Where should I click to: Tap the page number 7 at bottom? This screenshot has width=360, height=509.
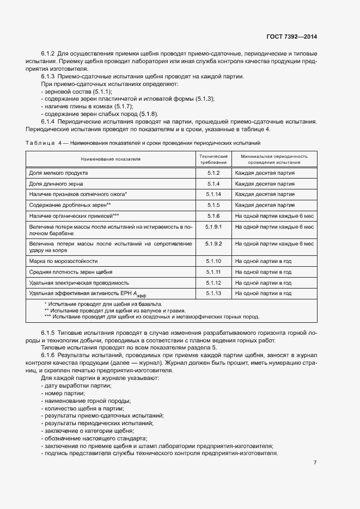pyautogui.click(x=315, y=463)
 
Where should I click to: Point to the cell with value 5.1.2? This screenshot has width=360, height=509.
pyautogui.click(x=213, y=173)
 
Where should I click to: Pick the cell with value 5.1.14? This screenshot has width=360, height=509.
pyautogui.click(x=213, y=194)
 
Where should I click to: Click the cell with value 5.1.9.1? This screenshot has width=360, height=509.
pyautogui.click(x=213, y=226)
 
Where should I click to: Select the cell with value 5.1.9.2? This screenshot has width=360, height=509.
pyautogui.click(x=213, y=243)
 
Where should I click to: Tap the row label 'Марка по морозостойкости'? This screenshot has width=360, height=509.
pyautogui.click(x=63, y=261)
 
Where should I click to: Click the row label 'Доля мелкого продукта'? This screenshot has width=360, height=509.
pyautogui.click(x=58, y=173)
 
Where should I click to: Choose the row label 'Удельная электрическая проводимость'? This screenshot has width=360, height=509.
pyautogui.click(x=79, y=283)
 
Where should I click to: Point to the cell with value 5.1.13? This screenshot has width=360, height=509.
pyautogui.click(x=213, y=293)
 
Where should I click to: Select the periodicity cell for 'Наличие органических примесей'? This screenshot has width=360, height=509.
pyautogui.click(x=274, y=215)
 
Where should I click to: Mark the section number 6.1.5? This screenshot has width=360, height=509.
pyautogui.click(x=48, y=332)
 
